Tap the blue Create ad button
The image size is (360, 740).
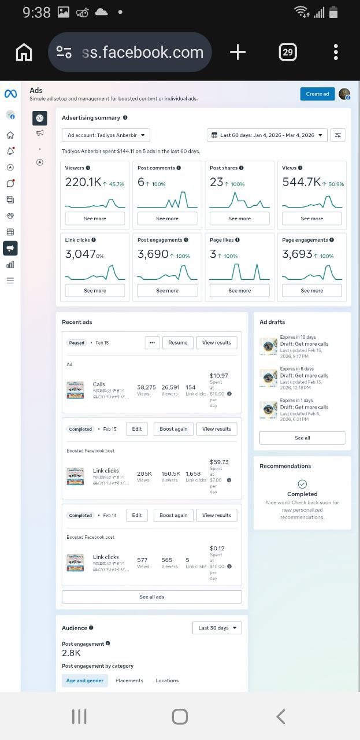[x=317, y=94]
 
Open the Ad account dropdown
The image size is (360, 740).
[x=106, y=135]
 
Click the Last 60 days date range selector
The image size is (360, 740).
[x=267, y=135]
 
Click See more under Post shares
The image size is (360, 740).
[x=239, y=219]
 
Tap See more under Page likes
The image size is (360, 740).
[x=239, y=291]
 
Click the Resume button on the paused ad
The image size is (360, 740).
[x=177, y=342]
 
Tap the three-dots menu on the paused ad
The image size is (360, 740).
[x=152, y=342]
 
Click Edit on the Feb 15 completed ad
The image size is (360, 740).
[x=137, y=429]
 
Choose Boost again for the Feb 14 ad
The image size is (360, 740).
[x=174, y=515]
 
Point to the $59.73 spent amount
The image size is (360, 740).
[x=219, y=462]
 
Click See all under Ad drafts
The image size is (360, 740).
[x=302, y=438]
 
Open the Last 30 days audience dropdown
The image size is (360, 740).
[x=217, y=628]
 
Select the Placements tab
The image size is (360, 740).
[x=129, y=680]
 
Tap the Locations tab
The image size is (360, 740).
[x=167, y=680]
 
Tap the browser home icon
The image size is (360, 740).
[x=24, y=53]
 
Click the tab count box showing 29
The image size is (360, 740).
[x=287, y=53]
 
